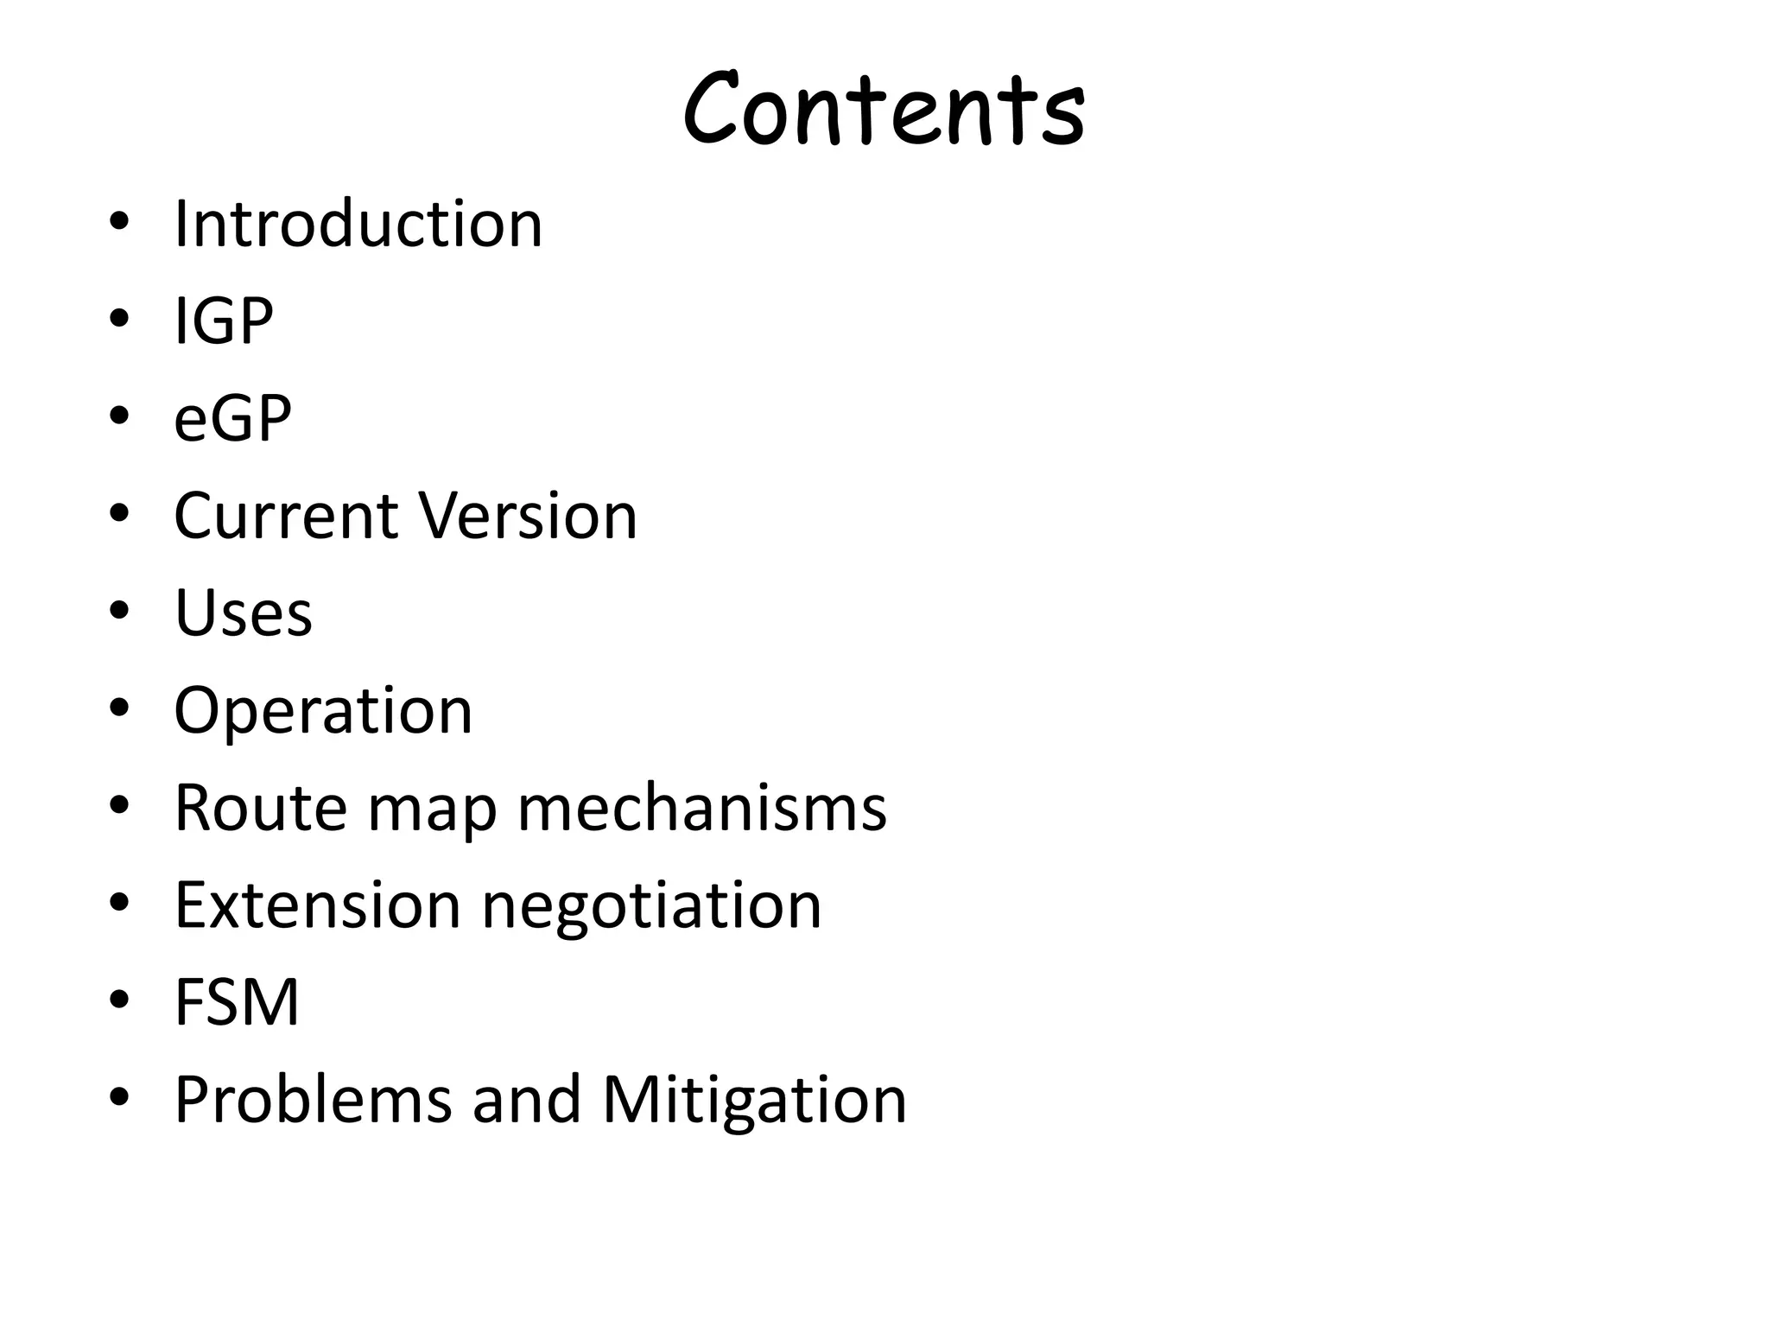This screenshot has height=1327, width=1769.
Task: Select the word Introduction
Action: click(x=358, y=224)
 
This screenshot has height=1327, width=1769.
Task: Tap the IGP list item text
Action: click(x=224, y=321)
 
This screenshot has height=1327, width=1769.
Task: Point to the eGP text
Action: click(x=232, y=419)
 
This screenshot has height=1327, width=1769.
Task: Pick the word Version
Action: click(x=528, y=516)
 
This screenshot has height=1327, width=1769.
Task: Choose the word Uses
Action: click(x=243, y=613)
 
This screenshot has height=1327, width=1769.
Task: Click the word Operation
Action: click(x=323, y=711)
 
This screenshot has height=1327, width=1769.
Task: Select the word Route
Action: click(x=261, y=808)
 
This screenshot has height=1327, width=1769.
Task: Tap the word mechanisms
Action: click(x=701, y=808)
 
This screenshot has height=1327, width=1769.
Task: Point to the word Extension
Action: click(x=317, y=905)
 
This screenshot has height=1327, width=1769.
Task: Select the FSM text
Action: click(x=236, y=1002)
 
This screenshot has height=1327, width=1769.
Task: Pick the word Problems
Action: click(x=314, y=1100)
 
